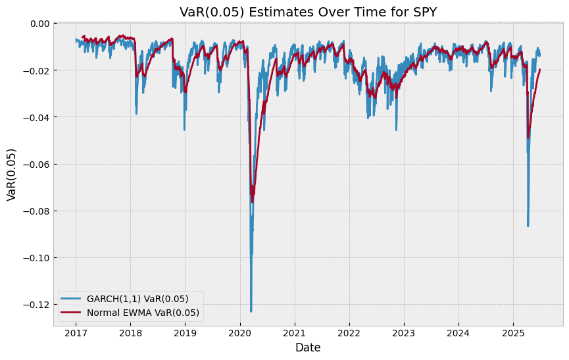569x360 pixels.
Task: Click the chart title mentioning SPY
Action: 308,12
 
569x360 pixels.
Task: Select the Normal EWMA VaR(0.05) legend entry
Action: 143,313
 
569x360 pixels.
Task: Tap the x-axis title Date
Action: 308,347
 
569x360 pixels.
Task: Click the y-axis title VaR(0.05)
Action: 12,174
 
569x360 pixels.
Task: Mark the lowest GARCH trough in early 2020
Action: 251,311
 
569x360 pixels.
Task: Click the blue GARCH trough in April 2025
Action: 528,226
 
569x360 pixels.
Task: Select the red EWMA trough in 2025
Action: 528,138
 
